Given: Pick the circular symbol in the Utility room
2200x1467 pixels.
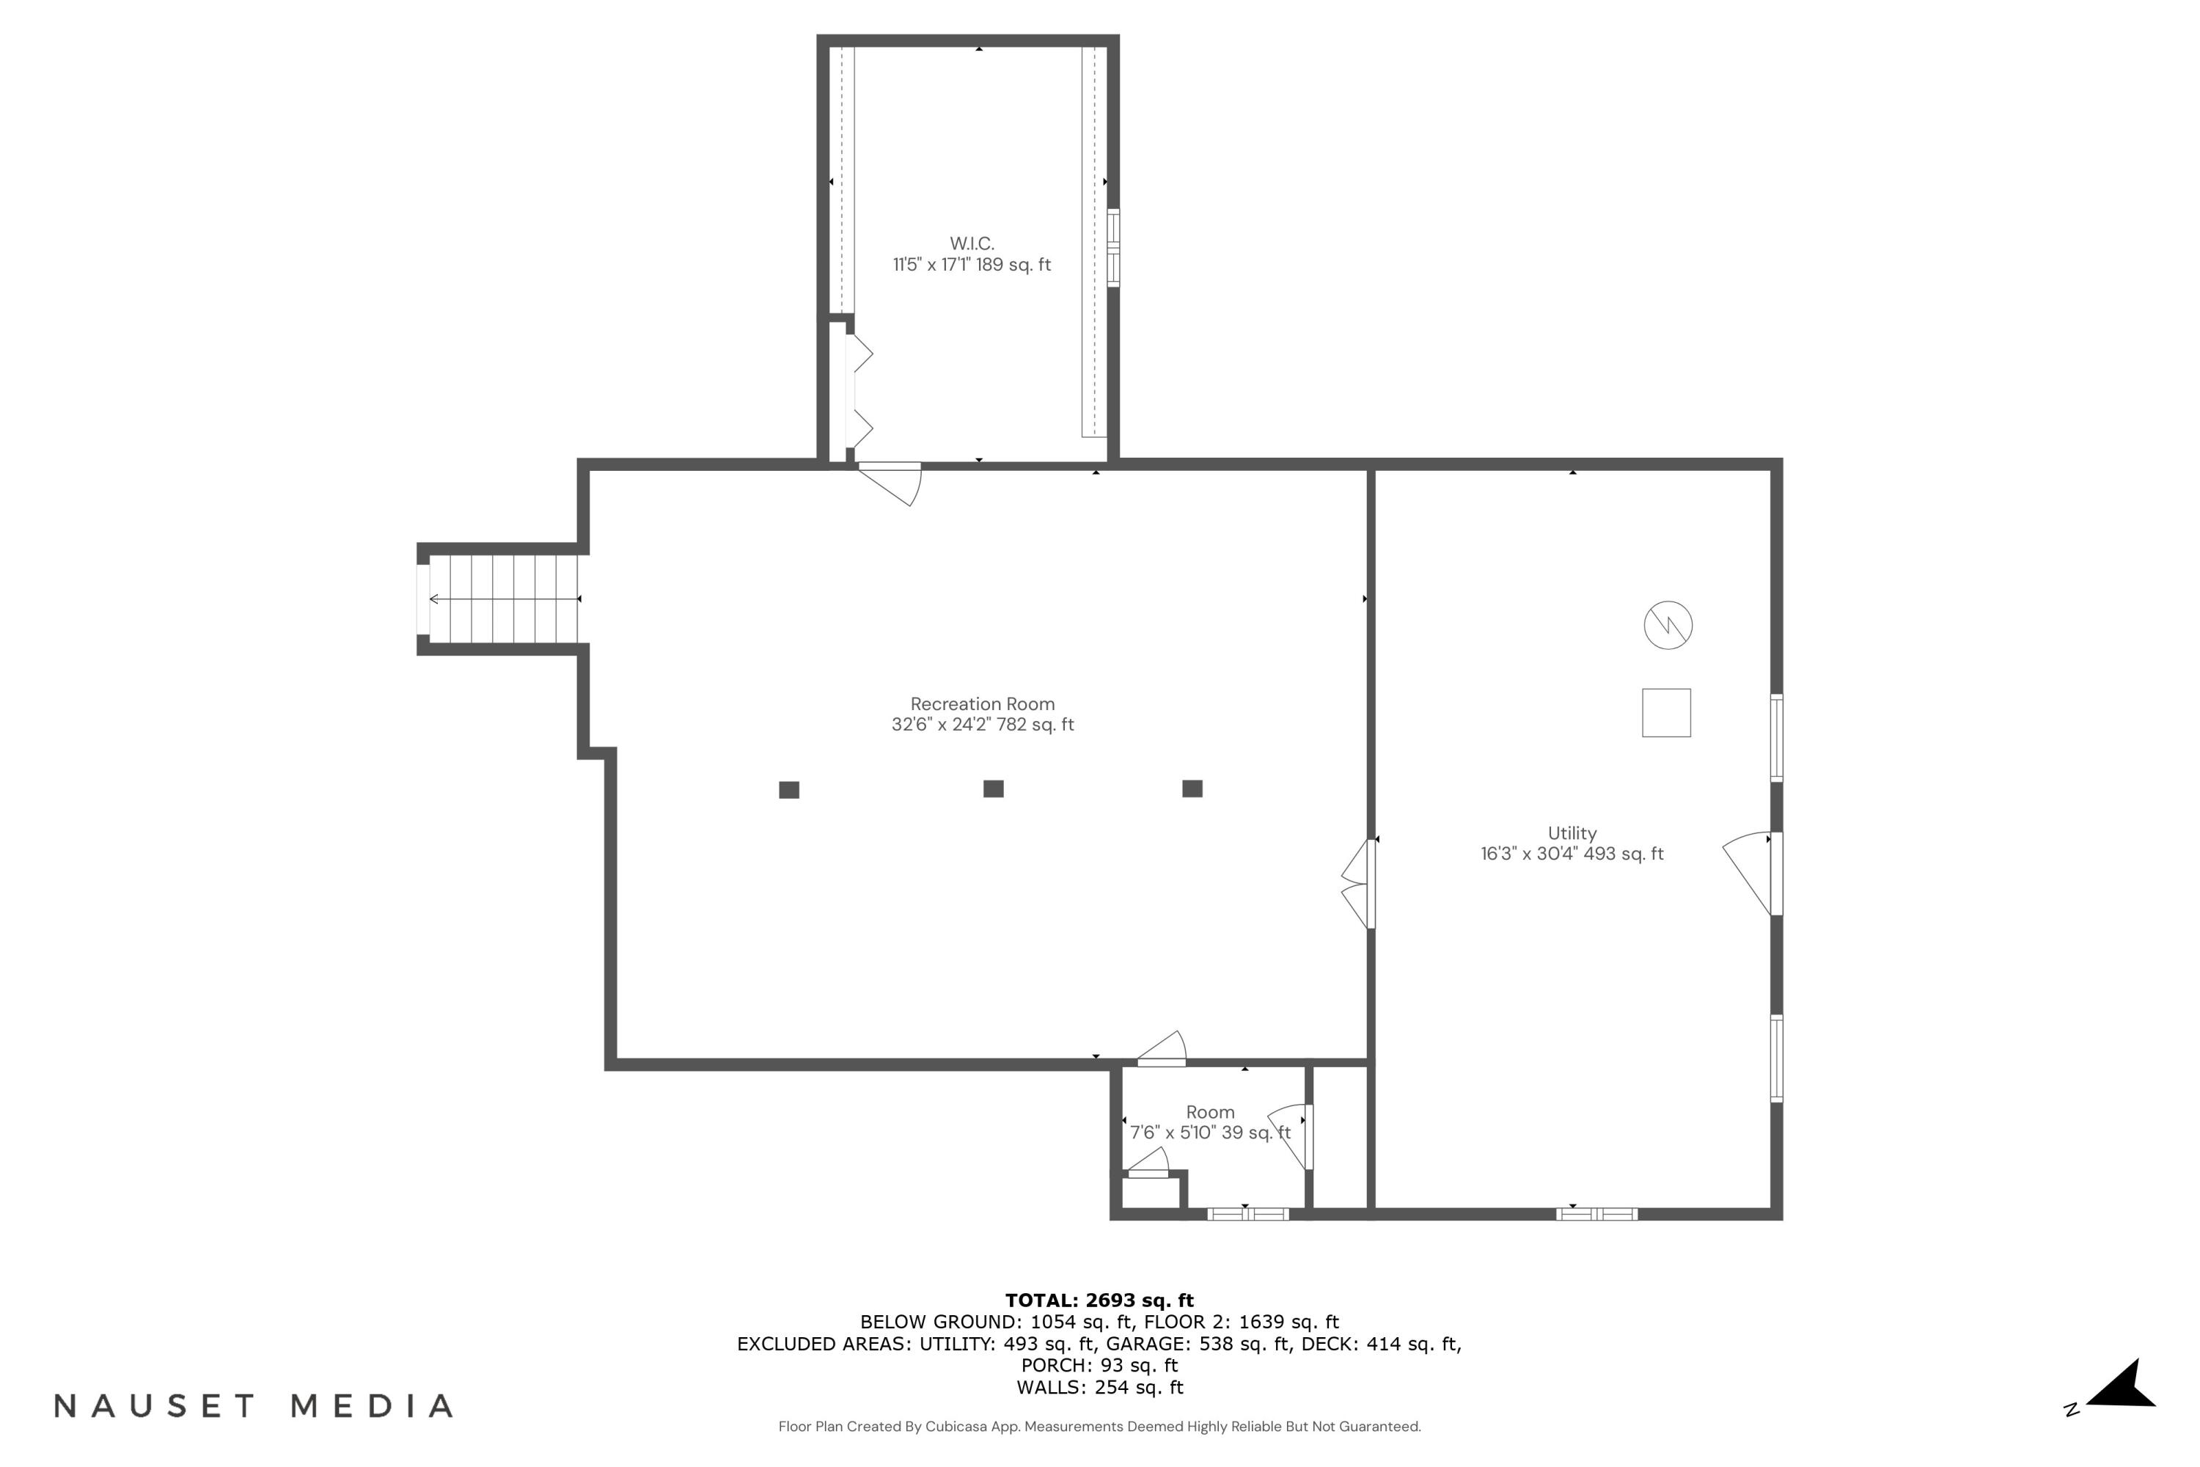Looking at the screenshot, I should coord(1668,625).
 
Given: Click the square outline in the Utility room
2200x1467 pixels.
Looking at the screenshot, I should coord(1666,713).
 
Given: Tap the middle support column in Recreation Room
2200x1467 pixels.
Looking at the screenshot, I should coord(994,789).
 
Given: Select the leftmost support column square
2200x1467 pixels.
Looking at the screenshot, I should coord(788,790).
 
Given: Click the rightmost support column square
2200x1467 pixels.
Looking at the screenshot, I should coord(1192,789).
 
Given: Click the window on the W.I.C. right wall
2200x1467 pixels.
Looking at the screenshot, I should coord(1113,247).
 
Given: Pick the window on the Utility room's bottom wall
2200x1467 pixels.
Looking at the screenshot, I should coord(1596,1215).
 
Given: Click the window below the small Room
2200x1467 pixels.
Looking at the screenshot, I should coord(1248,1215).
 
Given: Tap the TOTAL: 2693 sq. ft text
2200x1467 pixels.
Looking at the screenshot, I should coord(1099,1300).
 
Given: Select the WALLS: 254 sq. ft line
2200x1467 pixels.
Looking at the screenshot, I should coord(1099,1388).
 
